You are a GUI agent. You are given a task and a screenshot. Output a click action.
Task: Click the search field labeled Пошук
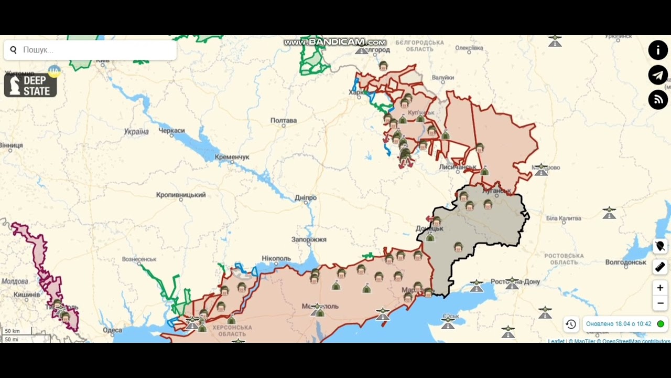point(94,50)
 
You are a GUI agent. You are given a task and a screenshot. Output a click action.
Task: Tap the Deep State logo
point(30,85)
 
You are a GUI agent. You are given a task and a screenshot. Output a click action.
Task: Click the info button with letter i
point(658,50)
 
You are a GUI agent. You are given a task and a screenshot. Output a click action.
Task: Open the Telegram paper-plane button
point(658,75)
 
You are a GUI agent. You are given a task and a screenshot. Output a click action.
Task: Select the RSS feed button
point(658,100)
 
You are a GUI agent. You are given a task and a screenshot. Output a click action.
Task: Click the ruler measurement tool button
point(660,267)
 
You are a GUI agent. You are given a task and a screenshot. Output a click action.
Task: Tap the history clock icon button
point(571,324)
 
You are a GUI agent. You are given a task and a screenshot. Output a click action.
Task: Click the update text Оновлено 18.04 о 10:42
point(619,324)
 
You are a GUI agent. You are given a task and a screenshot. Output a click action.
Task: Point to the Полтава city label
point(284,120)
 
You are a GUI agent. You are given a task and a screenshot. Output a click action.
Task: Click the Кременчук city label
point(231,157)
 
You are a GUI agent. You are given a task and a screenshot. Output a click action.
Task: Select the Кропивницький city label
point(181,195)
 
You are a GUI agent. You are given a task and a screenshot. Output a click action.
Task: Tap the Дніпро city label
point(306,198)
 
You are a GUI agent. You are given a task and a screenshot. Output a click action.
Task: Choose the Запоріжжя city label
point(309,239)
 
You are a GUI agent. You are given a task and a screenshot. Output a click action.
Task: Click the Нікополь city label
point(276,258)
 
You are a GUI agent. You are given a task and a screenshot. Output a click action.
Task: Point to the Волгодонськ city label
point(625,262)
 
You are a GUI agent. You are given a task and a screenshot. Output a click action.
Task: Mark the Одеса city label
point(112,330)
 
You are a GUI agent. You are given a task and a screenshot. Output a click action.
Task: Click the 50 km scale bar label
point(12,331)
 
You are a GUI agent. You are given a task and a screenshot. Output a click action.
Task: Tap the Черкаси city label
point(171,130)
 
